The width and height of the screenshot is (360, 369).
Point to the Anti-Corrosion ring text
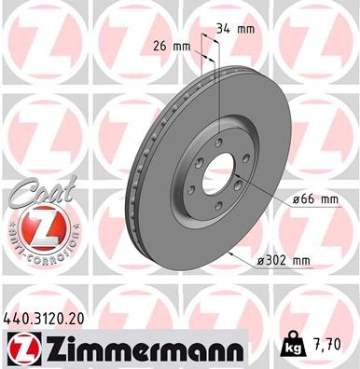34,253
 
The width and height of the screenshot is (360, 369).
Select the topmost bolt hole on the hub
216,142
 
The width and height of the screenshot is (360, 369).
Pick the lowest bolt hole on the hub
217,211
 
